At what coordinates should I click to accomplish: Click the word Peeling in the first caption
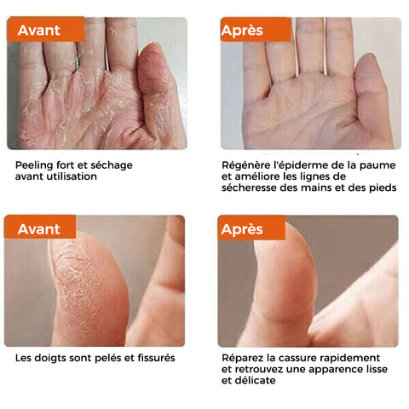pyautogui.click(x=34, y=165)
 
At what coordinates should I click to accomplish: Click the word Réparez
pyautogui.click(x=240, y=358)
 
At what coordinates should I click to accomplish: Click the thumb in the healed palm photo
pyautogui.click(x=373, y=100)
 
